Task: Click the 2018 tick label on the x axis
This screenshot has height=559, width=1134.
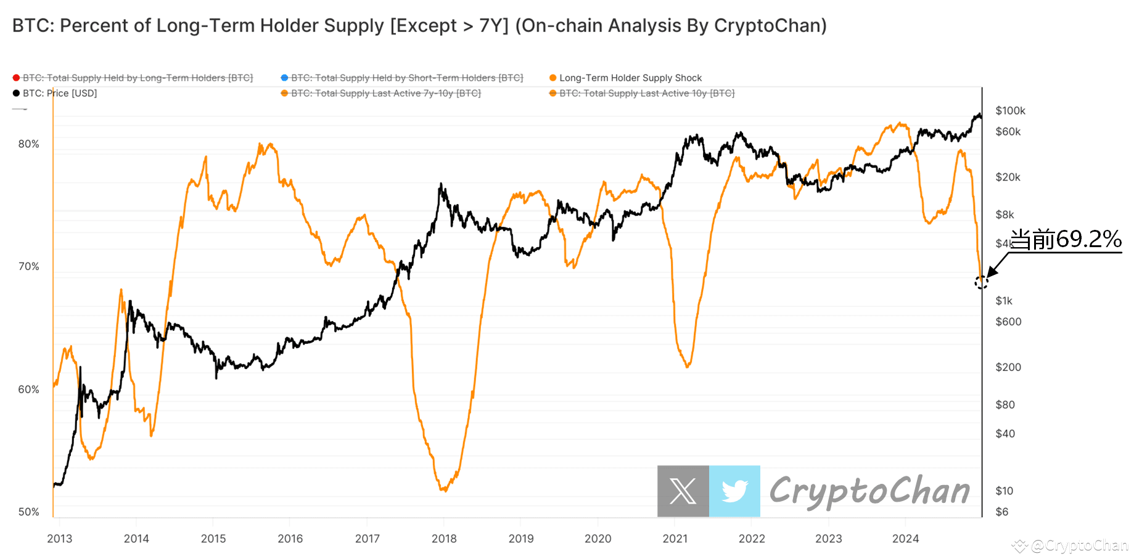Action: tap(444, 539)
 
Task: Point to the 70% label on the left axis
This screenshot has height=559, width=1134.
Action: tap(28, 266)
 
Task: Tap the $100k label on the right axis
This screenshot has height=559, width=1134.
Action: tap(1010, 111)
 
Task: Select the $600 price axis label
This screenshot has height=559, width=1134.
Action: tap(1008, 322)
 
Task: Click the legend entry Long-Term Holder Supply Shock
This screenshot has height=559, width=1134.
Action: tap(630, 78)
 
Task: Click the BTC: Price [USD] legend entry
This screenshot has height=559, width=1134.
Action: tap(60, 94)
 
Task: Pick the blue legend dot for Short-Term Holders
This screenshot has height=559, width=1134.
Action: tap(284, 78)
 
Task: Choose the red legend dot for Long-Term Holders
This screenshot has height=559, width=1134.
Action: tap(16, 78)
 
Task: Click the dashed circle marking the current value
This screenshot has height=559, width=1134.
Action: tap(981, 282)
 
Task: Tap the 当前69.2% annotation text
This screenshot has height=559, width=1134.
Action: tap(1066, 240)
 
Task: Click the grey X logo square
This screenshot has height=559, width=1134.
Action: tap(683, 491)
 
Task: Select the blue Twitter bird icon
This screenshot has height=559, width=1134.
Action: tap(734, 491)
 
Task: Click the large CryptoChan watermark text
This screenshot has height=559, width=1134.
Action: tap(869, 491)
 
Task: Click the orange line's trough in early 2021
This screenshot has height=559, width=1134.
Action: tap(688, 367)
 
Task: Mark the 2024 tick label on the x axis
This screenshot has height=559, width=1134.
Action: tap(905, 539)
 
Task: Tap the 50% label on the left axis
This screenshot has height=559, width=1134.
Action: tap(28, 512)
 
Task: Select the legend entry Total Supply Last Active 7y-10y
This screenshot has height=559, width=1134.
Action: tap(385, 94)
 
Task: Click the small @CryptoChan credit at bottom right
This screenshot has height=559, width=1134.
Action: tap(1079, 545)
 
